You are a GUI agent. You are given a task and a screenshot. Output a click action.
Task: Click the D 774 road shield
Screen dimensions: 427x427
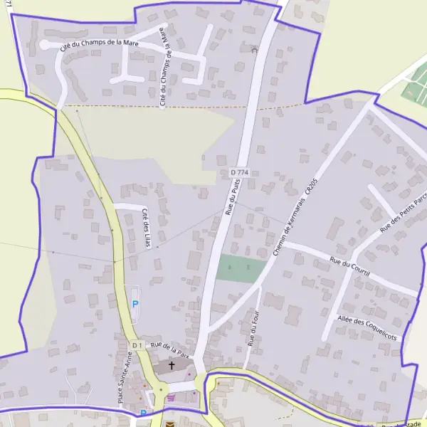click(x=239, y=173)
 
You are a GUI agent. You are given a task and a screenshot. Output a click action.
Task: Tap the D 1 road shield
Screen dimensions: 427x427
click(x=137, y=345)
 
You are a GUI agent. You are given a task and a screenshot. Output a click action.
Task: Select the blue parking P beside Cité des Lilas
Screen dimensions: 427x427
click(x=135, y=305)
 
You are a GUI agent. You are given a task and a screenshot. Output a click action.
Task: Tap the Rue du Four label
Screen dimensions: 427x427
click(x=253, y=328)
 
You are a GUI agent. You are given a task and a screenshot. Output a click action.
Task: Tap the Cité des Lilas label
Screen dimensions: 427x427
click(x=147, y=228)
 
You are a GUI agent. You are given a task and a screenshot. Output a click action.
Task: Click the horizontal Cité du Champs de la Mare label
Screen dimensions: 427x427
click(x=100, y=45)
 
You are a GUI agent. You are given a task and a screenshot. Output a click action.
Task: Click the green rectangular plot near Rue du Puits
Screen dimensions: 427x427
click(x=241, y=268)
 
